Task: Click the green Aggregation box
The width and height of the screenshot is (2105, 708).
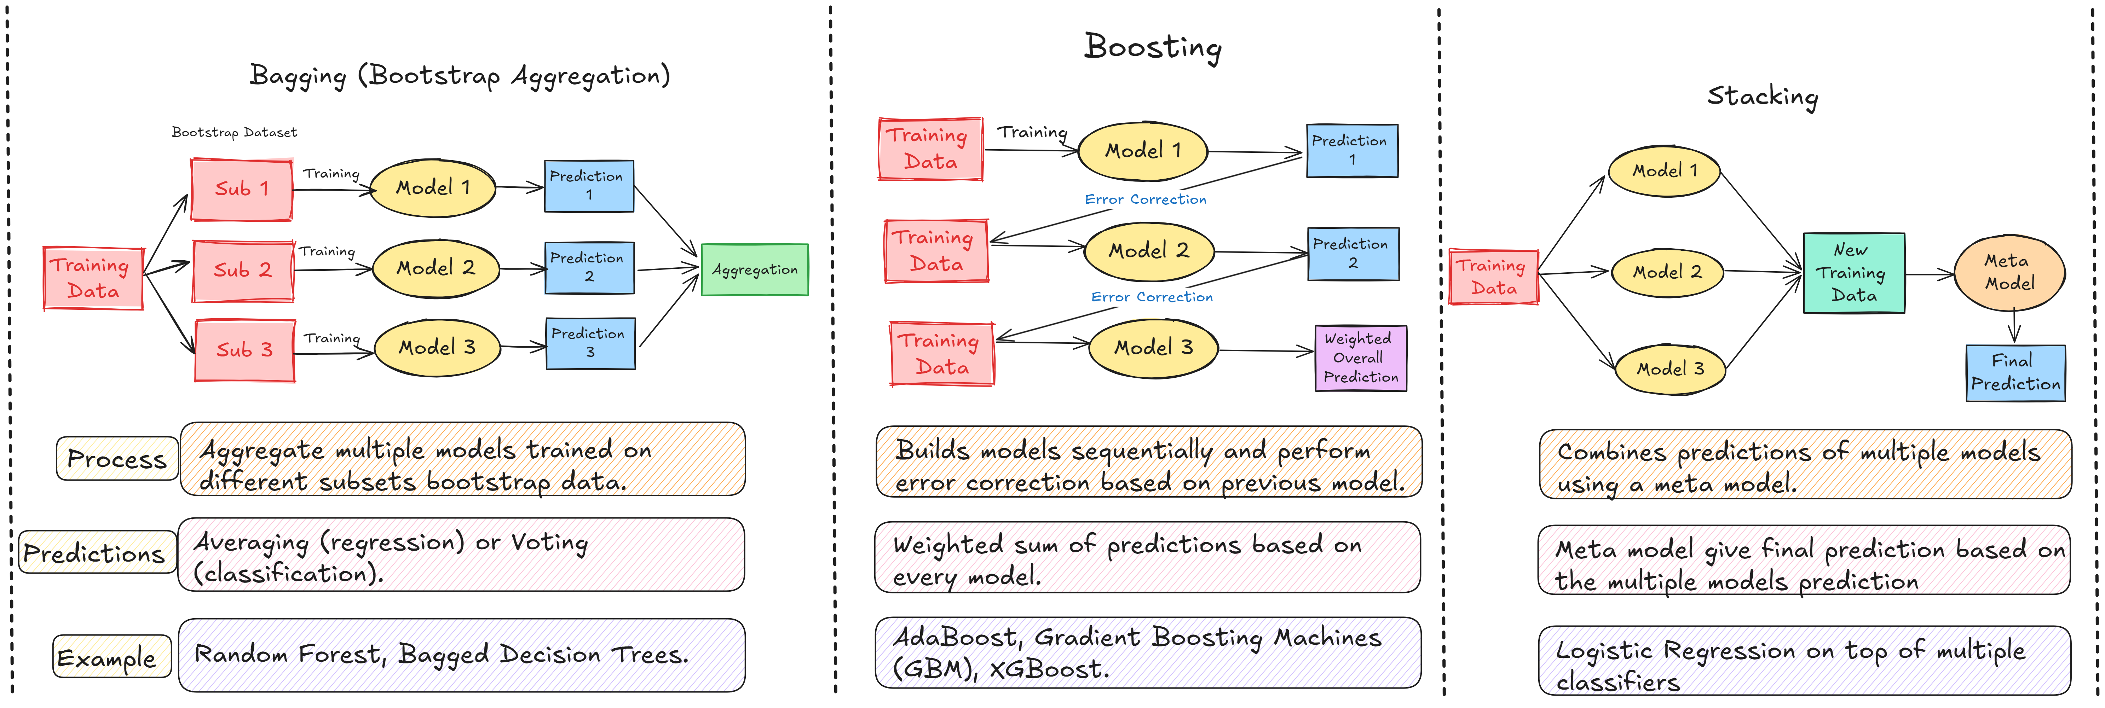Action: click(754, 269)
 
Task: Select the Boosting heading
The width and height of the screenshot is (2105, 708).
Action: click(1152, 47)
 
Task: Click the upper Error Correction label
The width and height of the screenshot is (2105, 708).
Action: click(1145, 199)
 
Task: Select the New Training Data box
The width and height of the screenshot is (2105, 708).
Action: click(1853, 273)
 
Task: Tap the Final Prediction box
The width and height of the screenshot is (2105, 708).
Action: click(2015, 372)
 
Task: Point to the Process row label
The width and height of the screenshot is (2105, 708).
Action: click(117, 459)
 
